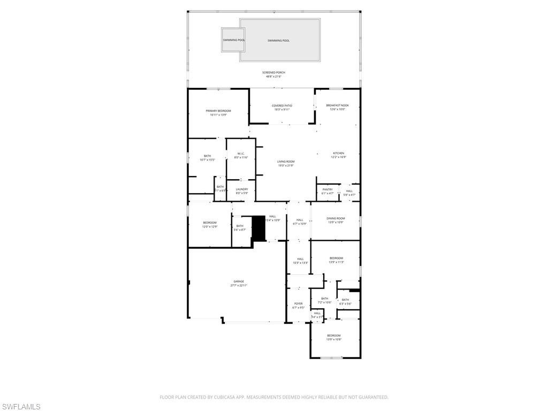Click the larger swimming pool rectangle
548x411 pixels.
(x=280, y=40)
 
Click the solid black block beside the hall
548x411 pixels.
(x=258, y=228)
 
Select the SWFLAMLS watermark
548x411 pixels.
(x=21, y=407)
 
